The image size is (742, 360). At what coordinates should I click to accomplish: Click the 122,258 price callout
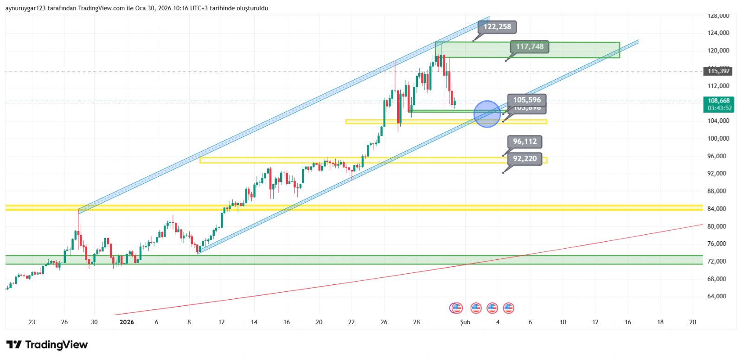[497, 27]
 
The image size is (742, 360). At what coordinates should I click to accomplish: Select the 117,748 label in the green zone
[530, 46]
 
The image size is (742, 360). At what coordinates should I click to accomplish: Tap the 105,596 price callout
[527, 100]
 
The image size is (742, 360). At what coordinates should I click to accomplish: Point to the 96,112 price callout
[525, 141]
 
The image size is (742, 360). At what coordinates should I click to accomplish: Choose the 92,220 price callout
[525, 159]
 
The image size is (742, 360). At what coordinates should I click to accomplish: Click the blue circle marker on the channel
[487, 114]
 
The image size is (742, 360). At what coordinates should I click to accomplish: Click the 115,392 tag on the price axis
[718, 71]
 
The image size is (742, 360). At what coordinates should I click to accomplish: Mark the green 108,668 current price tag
[718, 101]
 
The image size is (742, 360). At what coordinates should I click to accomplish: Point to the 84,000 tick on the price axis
[716, 209]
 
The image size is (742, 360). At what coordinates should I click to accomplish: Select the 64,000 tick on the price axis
[716, 296]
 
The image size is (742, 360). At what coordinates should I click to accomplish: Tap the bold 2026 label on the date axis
[127, 322]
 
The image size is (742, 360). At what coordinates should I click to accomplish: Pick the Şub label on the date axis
[465, 322]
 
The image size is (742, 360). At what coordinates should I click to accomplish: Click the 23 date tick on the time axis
[32, 322]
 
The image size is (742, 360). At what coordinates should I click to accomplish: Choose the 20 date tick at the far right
[692, 322]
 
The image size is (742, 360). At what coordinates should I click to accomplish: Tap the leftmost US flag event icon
[457, 308]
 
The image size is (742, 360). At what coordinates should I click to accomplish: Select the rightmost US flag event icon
[509, 308]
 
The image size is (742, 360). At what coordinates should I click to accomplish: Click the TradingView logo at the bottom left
[47, 345]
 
